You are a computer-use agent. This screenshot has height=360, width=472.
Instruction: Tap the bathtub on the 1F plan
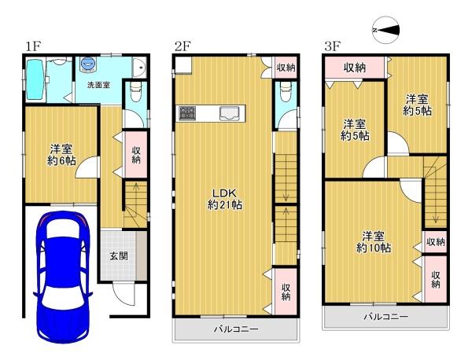click(35, 79)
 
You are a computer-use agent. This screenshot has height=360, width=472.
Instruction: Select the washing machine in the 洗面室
click(88, 64)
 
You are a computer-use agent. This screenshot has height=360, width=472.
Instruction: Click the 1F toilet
click(135, 91)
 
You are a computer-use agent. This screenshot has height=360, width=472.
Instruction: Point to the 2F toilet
click(285, 91)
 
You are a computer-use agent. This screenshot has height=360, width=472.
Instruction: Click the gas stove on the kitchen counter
click(187, 113)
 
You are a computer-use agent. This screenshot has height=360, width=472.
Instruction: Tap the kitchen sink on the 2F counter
click(230, 113)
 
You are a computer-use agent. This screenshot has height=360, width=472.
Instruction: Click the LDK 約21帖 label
click(224, 199)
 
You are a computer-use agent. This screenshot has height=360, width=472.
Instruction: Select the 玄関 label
click(119, 256)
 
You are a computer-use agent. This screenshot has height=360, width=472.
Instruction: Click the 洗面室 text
click(98, 85)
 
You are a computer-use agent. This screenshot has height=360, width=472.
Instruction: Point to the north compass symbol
click(386, 30)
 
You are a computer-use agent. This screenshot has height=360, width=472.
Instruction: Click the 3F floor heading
click(332, 46)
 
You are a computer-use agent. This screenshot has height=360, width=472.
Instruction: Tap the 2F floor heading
click(183, 46)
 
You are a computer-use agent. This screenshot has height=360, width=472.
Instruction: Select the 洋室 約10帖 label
click(374, 242)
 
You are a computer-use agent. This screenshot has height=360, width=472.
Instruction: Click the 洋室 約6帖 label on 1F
click(61, 155)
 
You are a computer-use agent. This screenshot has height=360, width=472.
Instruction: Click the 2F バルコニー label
click(236, 329)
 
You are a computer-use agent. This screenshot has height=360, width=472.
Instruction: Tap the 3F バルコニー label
click(386, 317)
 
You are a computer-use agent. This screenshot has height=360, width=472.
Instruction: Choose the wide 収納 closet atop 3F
click(354, 68)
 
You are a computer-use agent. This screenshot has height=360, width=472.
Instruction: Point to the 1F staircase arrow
click(136, 200)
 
